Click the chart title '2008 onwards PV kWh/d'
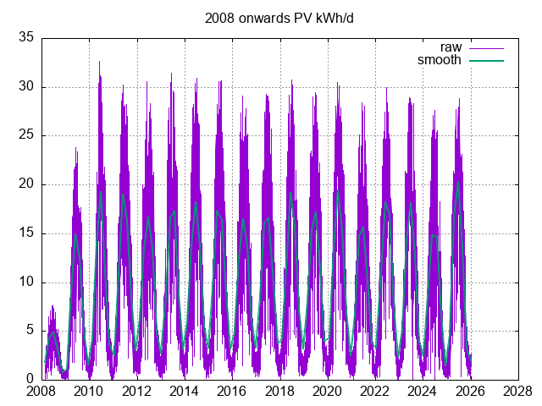pyautogui.click(x=271, y=18)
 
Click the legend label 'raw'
pyautogui.click(x=451, y=47)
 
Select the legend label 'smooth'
pyautogui.click(x=440, y=60)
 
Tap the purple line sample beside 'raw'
pyautogui.click(x=486, y=47)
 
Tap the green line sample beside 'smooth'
pyautogui.click(x=486, y=60)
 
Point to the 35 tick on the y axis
pyautogui.click(x=25, y=37)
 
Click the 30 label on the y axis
pyautogui.click(x=25, y=86)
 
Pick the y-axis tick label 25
pyautogui.click(x=25, y=135)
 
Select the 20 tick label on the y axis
pyautogui.click(x=25, y=184)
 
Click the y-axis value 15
pyautogui.click(x=25, y=233)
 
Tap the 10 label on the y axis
pyautogui.click(x=25, y=283)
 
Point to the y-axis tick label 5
pyautogui.click(x=29, y=332)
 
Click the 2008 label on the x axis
pyautogui.click(x=41, y=392)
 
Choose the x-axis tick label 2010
pyautogui.click(x=89, y=392)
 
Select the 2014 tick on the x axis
pyautogui.click(x=184, y=392)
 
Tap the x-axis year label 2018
pyautogui.click(x=279, y=392)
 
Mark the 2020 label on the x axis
pyautogui.click(x=326, y=392)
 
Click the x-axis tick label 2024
pyautogui.click(x=421, y=392)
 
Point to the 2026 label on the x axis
pyautogui.click(x=468, y=392)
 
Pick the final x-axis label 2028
pyautogui.click(x=516, y=392)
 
